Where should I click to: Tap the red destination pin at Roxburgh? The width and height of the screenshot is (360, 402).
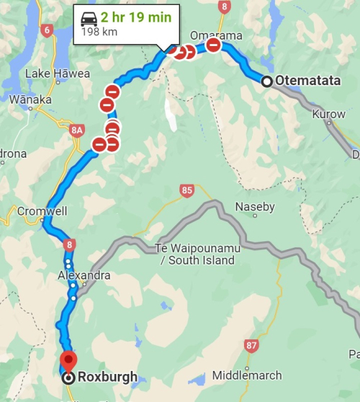pyautogui.click(x=68, y=359)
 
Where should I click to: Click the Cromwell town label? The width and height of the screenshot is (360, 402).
pyautogui.click(x=42, y=212)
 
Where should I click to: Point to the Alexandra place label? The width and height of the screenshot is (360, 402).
pyautogui.click(x=85, y=275)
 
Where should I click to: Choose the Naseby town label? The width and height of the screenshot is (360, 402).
pyautogui.click(x=255, y=207)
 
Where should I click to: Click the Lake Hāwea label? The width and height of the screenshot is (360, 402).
pyautogui.click(x=58, y=73)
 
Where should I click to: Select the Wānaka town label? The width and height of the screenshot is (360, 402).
pyautogui.click(x=27, y=99)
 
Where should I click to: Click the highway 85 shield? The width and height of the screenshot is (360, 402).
pyautogui.click(x=187, y=191)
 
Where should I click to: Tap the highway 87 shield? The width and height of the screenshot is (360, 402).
pyautogui.click(x=251, y=346)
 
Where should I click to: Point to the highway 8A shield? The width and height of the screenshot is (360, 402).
pyautogui.click(x=78, y=130)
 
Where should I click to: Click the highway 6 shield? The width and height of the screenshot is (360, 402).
pyautogui.click(x=48, y=30)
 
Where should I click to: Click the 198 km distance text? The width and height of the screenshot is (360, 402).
pyautogui.click(x=100, y=32)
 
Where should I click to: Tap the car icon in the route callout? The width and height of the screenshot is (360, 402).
pyautogui.click(x=89, y=18)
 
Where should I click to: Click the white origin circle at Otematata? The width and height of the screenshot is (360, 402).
pyautogui.click(x=267, y=81)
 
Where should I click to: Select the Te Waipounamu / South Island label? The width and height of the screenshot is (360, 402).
pyautogui.click(x=195, y=254)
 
